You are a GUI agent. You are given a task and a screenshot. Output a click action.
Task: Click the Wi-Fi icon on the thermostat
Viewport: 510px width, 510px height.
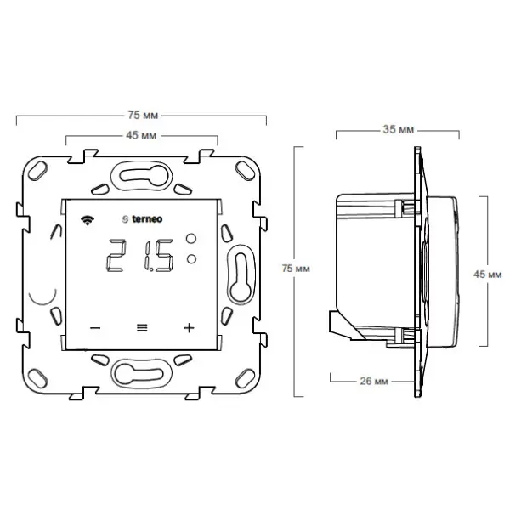coord(88,220)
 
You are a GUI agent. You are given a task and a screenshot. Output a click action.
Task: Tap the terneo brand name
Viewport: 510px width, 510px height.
coord(147,219)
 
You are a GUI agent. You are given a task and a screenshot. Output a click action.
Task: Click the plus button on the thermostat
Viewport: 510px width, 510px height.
coord(189,327)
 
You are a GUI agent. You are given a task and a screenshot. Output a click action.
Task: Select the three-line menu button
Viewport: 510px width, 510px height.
coord(142,327)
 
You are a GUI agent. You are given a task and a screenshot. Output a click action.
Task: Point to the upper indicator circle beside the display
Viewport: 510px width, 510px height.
coord(191,238)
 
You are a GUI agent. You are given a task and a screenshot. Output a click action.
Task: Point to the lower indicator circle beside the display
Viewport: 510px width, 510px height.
coord(191,259)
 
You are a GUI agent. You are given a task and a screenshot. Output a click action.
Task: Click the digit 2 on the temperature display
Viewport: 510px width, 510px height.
coord(116,255)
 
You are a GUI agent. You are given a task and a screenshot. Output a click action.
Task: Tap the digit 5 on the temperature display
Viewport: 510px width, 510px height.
coord(164,255)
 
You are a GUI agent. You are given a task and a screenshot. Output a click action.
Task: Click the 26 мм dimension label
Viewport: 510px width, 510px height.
coord(374,381)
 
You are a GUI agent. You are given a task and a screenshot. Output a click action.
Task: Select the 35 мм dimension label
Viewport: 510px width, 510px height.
coord(398,129)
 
